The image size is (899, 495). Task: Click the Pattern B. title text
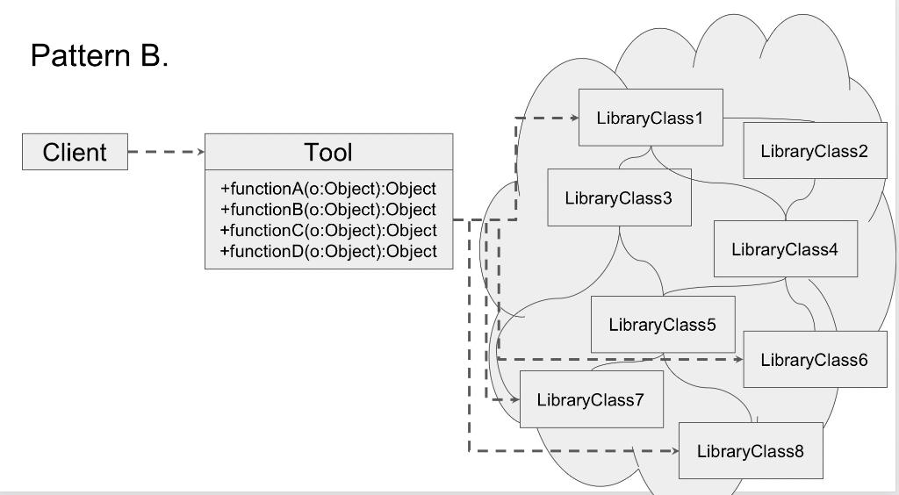tap(99, 56)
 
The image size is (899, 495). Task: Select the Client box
tap(75, 152)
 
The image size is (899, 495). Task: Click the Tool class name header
tap(328, 152)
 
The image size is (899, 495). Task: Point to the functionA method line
tap(328, 189)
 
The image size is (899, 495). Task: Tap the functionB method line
tap(328, 210)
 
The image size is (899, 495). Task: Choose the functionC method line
tap(328, 231)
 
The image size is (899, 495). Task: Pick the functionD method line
tap(328, 252)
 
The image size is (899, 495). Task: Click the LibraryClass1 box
tap(651, 118)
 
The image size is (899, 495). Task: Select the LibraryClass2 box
tap(814, 151)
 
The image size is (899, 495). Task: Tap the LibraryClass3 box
tap(618, 197)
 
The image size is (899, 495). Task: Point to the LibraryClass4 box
tap(785, 249)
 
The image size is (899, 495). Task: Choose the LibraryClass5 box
tap(662, 325)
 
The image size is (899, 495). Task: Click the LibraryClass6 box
tap(814, 359)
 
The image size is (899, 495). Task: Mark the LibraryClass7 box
tap(591, 400)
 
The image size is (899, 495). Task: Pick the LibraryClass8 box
tap(751, 451)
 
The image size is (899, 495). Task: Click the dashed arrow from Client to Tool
tap(166, 152)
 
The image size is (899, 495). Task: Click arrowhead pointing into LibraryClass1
tap(574, 118)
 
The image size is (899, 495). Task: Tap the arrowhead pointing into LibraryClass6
tap(738, 359)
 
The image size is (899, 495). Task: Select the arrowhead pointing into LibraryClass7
tap(515, 399)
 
